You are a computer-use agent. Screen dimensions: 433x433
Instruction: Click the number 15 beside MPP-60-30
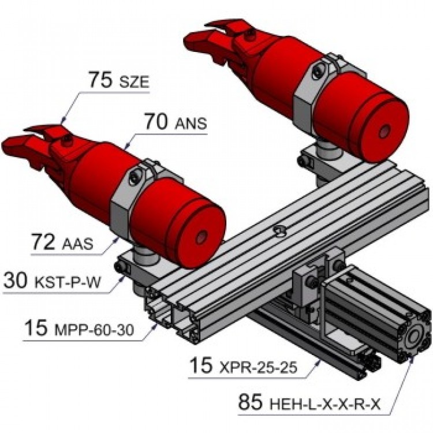[39, 328]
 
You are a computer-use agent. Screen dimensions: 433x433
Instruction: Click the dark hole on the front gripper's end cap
[201, 238]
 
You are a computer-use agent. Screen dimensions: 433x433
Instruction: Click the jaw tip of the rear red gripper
[194, 40]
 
